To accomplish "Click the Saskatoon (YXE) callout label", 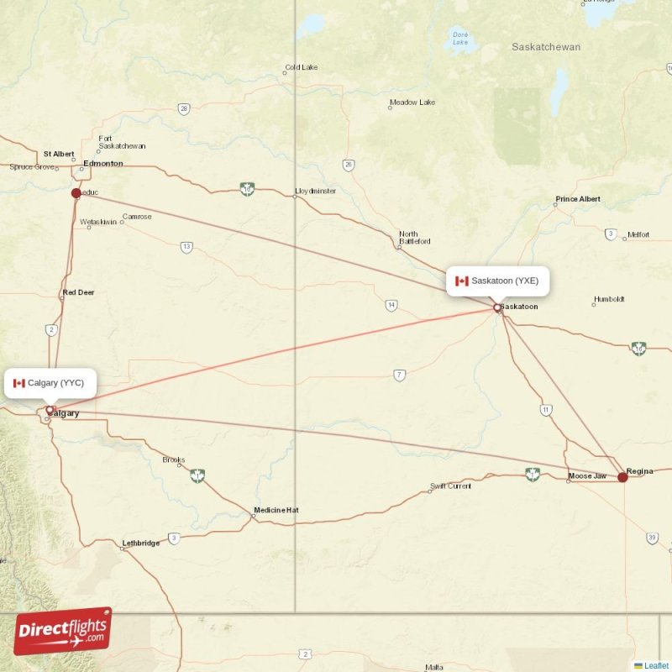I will coord(498,281).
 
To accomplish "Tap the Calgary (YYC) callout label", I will coord(49,383).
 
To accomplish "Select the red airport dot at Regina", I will coord(622,477).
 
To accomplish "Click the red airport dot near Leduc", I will coord(76,193).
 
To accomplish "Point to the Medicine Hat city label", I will coord(276,510).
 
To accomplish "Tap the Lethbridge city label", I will coord(141,543).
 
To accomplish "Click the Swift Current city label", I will coord(451,486).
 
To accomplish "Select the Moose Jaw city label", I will coord(587,476).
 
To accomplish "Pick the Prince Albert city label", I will coord(578,199).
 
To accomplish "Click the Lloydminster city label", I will coord(316,192).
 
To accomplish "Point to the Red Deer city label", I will coord(79,292).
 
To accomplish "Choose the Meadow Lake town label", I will coord(412,102).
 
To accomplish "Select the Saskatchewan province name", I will coord(546,47).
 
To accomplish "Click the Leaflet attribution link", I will coord(656,665).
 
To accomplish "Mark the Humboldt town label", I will coord(609,299).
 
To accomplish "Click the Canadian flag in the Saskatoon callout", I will coord(461,281).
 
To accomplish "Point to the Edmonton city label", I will coord(103,163).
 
